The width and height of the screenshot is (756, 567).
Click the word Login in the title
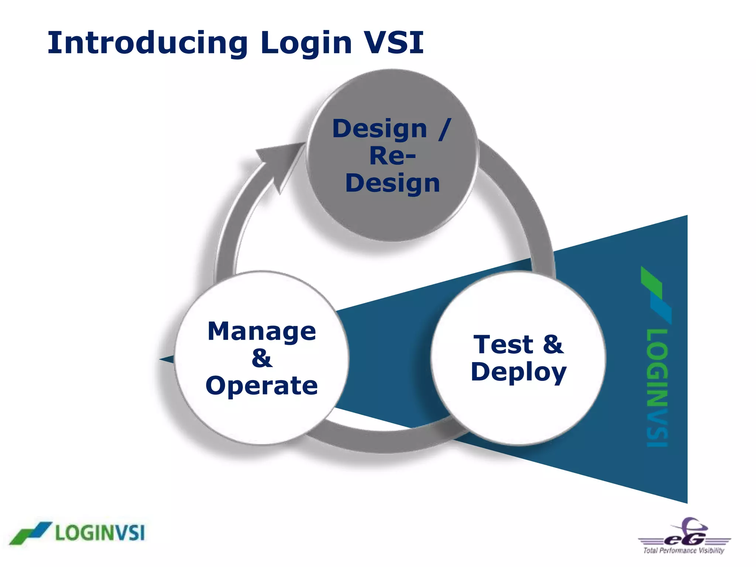(x=306, y=44)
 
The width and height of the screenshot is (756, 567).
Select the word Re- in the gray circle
(x=392, y=156)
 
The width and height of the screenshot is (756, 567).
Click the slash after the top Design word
(x=445, y=129)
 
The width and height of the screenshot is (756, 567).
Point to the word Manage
(x=262, y=331)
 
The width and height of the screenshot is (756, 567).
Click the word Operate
(x=262, y=385)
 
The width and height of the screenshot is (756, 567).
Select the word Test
(x=503, y=344)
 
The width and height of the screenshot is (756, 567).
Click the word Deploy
(x=518, y=372)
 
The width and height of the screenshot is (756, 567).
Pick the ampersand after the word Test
(x=553, y=344)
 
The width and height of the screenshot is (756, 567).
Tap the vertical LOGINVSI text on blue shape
(x=657, y=388)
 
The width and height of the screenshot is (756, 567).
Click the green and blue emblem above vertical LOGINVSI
(x=656, y=295)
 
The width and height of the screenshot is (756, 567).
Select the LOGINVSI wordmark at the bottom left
(x=100, y=533)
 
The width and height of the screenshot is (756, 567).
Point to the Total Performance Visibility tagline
(x=684, y=550)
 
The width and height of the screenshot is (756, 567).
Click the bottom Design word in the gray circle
(x=392, y=183)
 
